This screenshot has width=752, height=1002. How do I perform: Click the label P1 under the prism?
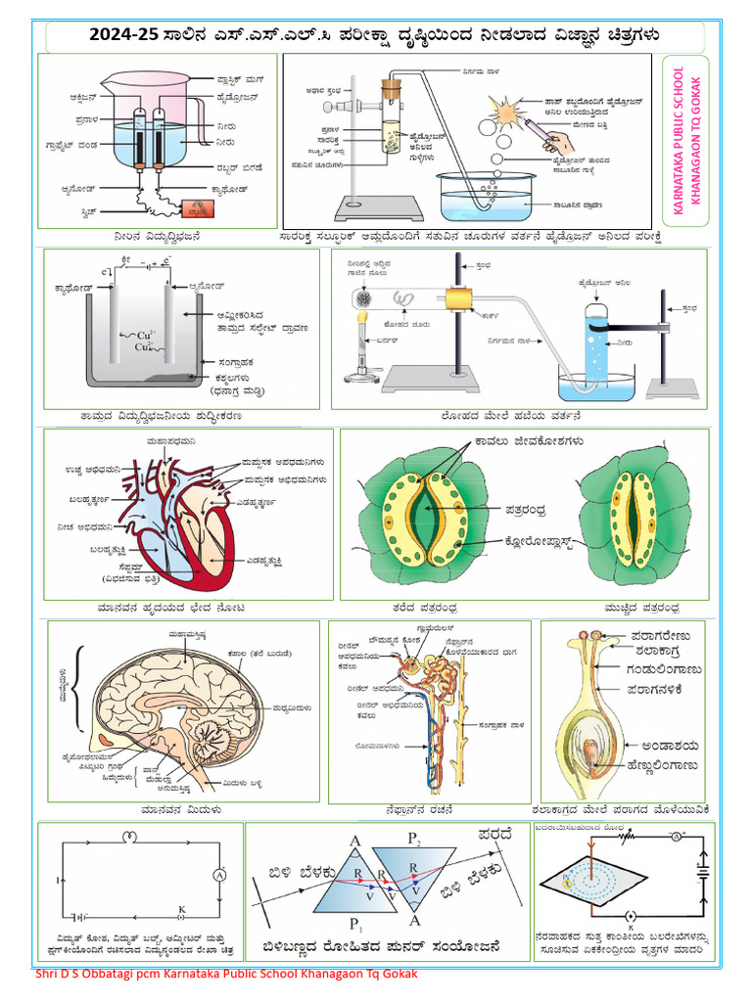click(x=355, y=926)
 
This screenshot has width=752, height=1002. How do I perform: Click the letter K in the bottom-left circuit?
click(x=181, y=909)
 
